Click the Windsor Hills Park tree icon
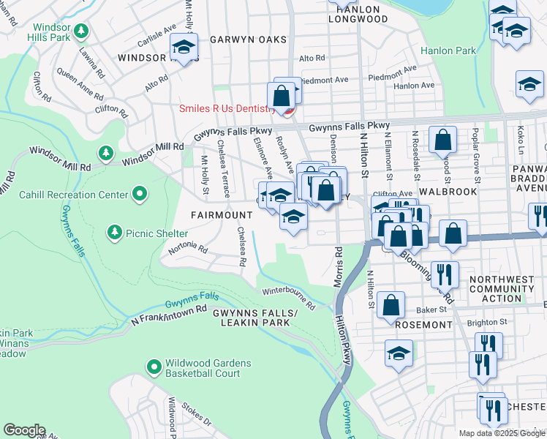pyautogui.click(x=83, y=31)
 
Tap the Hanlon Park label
pyautogui.click(x=448, y=51)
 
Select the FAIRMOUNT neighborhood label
pyautogui.click(x=222, y=215)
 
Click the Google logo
pyautogui.click(x=24, y=429)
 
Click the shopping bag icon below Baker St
pyautogui.click(x=392, y=306)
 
